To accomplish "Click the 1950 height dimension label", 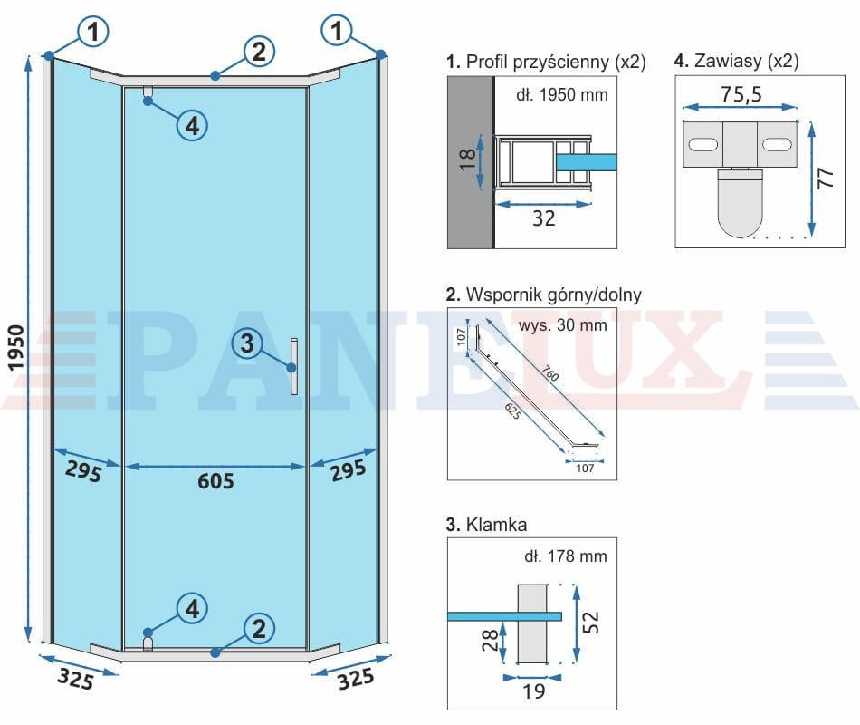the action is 16,348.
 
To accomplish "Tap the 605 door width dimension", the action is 215,481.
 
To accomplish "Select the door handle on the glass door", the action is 294,366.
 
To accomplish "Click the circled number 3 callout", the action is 247,343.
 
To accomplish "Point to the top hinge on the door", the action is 148,94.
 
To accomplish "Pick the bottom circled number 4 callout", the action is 192,609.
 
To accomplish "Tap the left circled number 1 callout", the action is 93,31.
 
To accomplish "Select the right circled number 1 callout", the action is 337,30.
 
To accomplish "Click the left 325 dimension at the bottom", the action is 75,678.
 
